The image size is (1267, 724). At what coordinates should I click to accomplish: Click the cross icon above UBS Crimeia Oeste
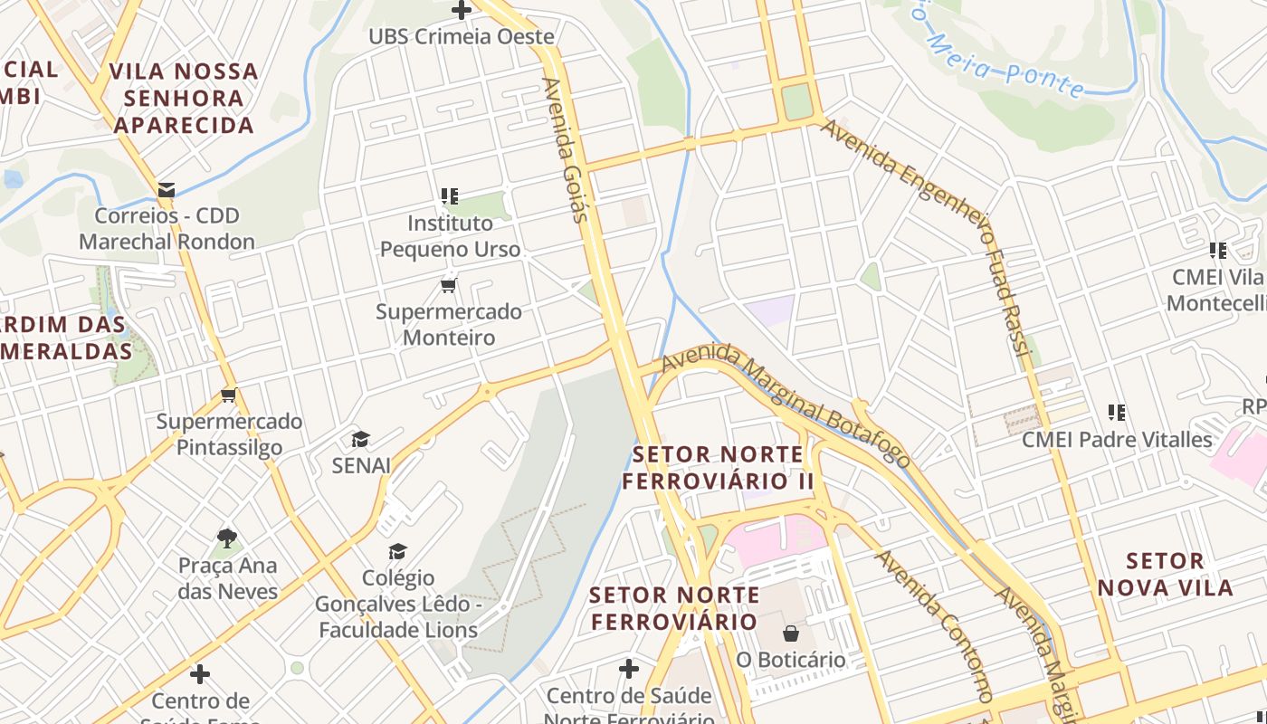[462, 11]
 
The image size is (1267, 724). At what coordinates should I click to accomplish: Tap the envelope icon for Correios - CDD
[167, 190]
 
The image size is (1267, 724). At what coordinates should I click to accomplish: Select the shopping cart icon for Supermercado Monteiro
[448, 286]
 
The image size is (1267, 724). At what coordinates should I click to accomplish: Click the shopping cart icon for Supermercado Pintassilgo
[229, 395]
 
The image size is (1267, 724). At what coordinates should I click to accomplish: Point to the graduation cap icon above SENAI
[360, 440]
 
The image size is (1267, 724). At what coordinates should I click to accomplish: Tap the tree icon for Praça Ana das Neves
[227, 539]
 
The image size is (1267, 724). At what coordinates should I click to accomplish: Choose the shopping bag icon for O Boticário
[791, 633]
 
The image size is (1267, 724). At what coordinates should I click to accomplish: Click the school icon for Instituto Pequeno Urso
[450, 196]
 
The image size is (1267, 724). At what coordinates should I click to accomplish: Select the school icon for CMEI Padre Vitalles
[1117, 414]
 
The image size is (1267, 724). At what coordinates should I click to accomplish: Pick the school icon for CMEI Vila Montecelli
[1218, 251]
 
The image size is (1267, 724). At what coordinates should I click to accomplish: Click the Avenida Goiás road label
[567, 149]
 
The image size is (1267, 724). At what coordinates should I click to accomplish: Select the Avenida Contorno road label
[935, 625]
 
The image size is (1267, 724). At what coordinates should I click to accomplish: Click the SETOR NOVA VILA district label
[1165, 575]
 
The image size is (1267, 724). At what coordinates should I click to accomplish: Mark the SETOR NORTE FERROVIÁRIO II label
[719, 467]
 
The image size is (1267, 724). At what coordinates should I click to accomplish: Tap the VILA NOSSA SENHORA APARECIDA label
[185, 98]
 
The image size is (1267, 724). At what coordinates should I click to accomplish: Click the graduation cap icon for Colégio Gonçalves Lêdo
[397, 551]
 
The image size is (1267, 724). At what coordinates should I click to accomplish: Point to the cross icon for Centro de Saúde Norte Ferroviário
[629, 669]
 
